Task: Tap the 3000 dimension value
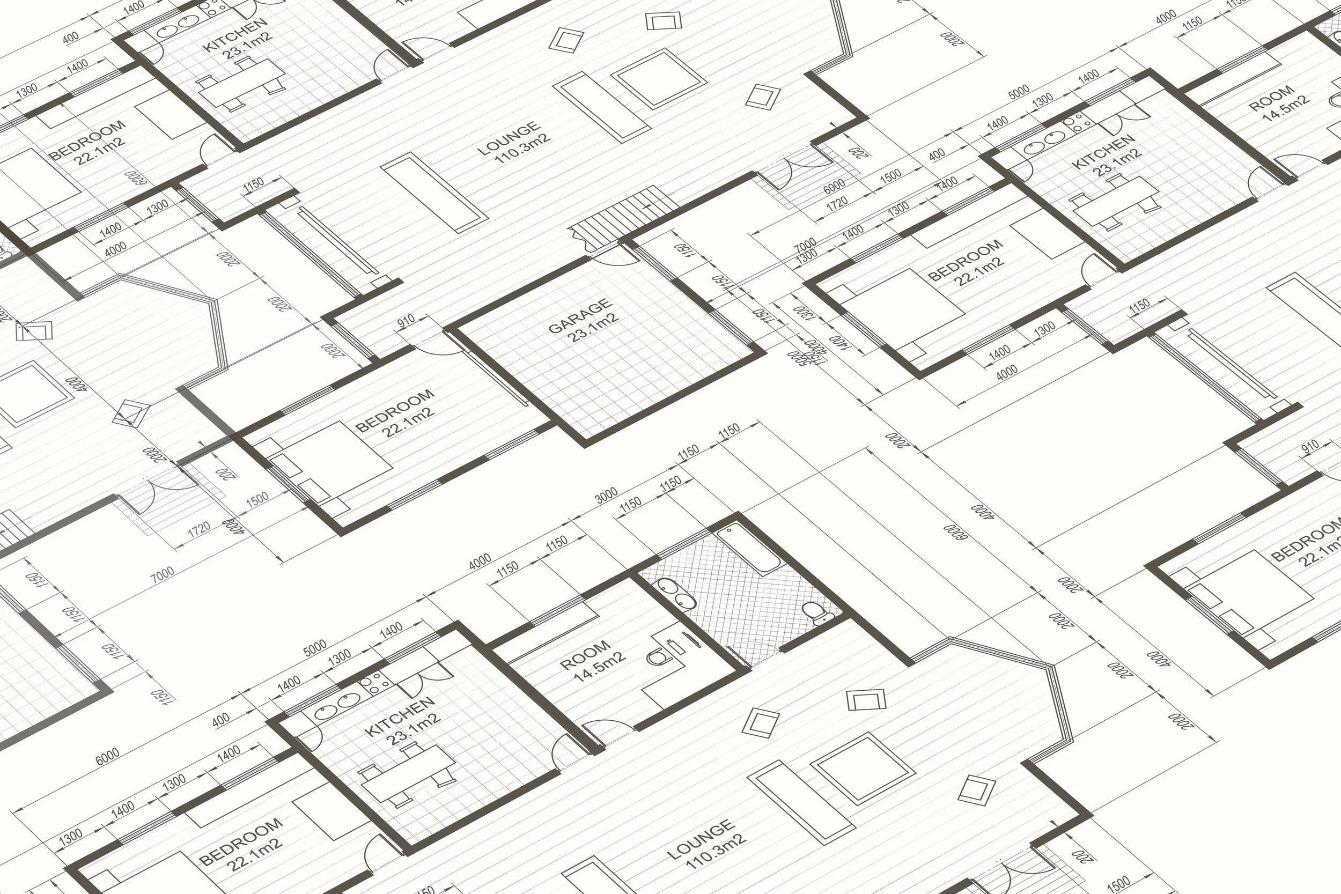(606, 495)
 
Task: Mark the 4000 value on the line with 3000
(480, 561)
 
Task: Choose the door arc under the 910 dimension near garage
(439, 345)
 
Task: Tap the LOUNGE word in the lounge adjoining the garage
(508, 138)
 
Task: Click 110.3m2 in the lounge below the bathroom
(716, 851)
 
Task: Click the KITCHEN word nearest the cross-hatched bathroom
(400, 716)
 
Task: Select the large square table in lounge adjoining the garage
(658, 78)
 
